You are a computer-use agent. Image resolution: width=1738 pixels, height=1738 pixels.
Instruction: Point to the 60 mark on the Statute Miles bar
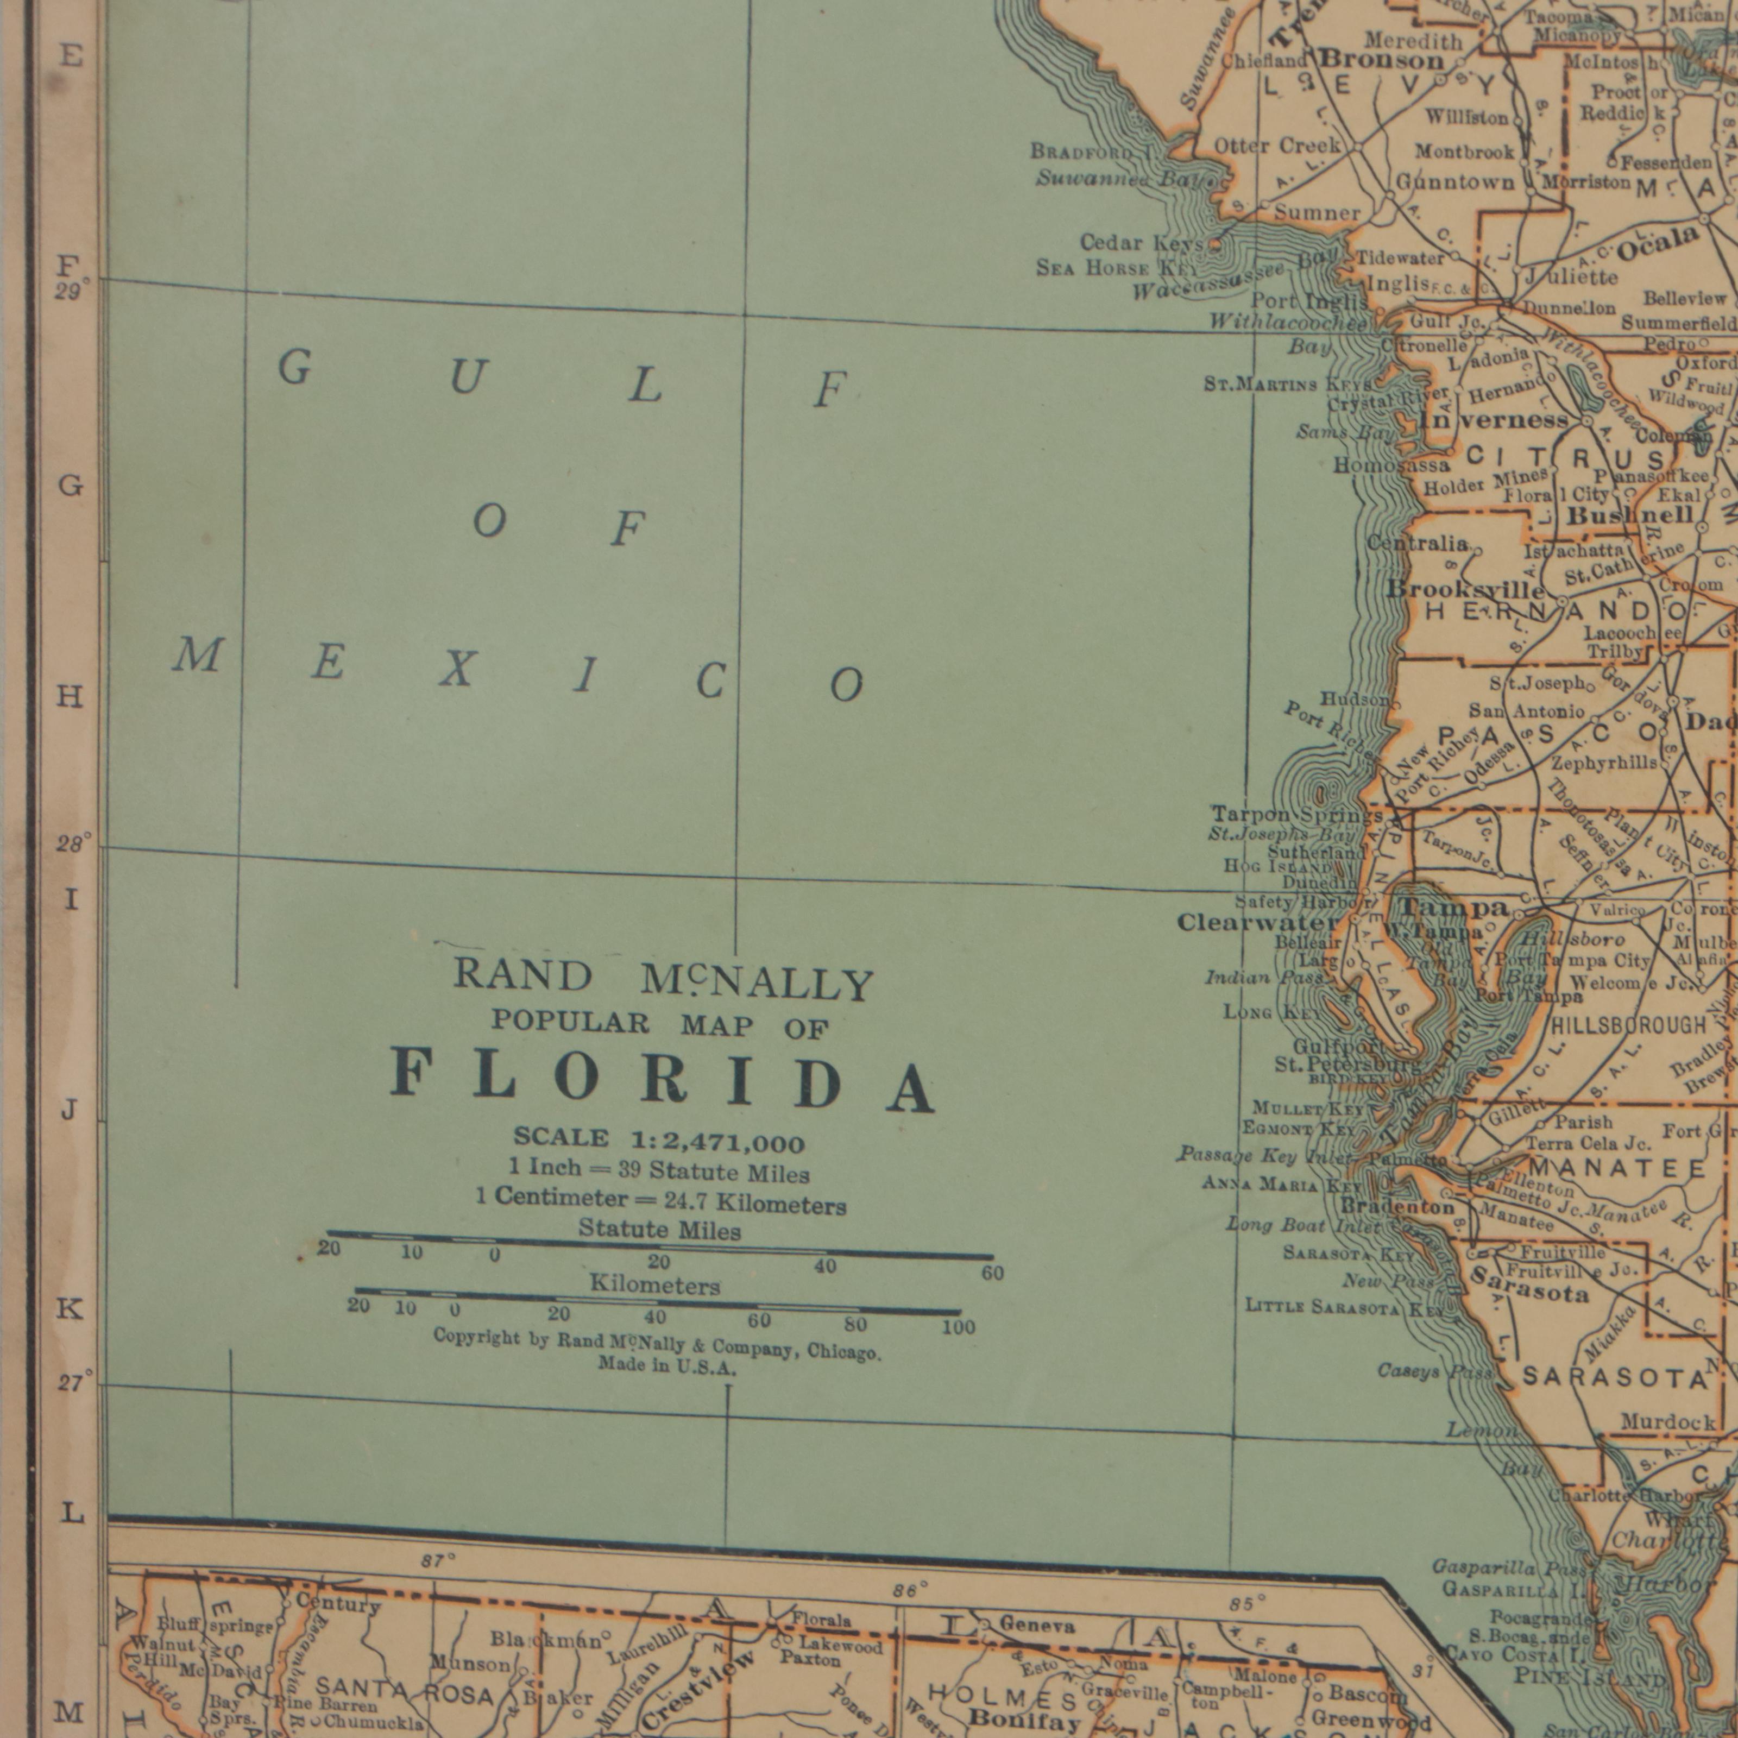[992, 1273]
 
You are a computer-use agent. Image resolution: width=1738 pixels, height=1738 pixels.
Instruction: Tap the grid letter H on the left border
[70, 696]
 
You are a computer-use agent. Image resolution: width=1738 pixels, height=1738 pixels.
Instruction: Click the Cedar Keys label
[1141, 243]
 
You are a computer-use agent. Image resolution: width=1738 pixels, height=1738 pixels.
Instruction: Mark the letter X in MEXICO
[457, 669]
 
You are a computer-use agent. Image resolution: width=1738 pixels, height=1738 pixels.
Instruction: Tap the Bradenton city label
[1397, 1206]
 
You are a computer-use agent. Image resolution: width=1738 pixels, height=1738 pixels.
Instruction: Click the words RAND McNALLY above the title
[663, 979]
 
